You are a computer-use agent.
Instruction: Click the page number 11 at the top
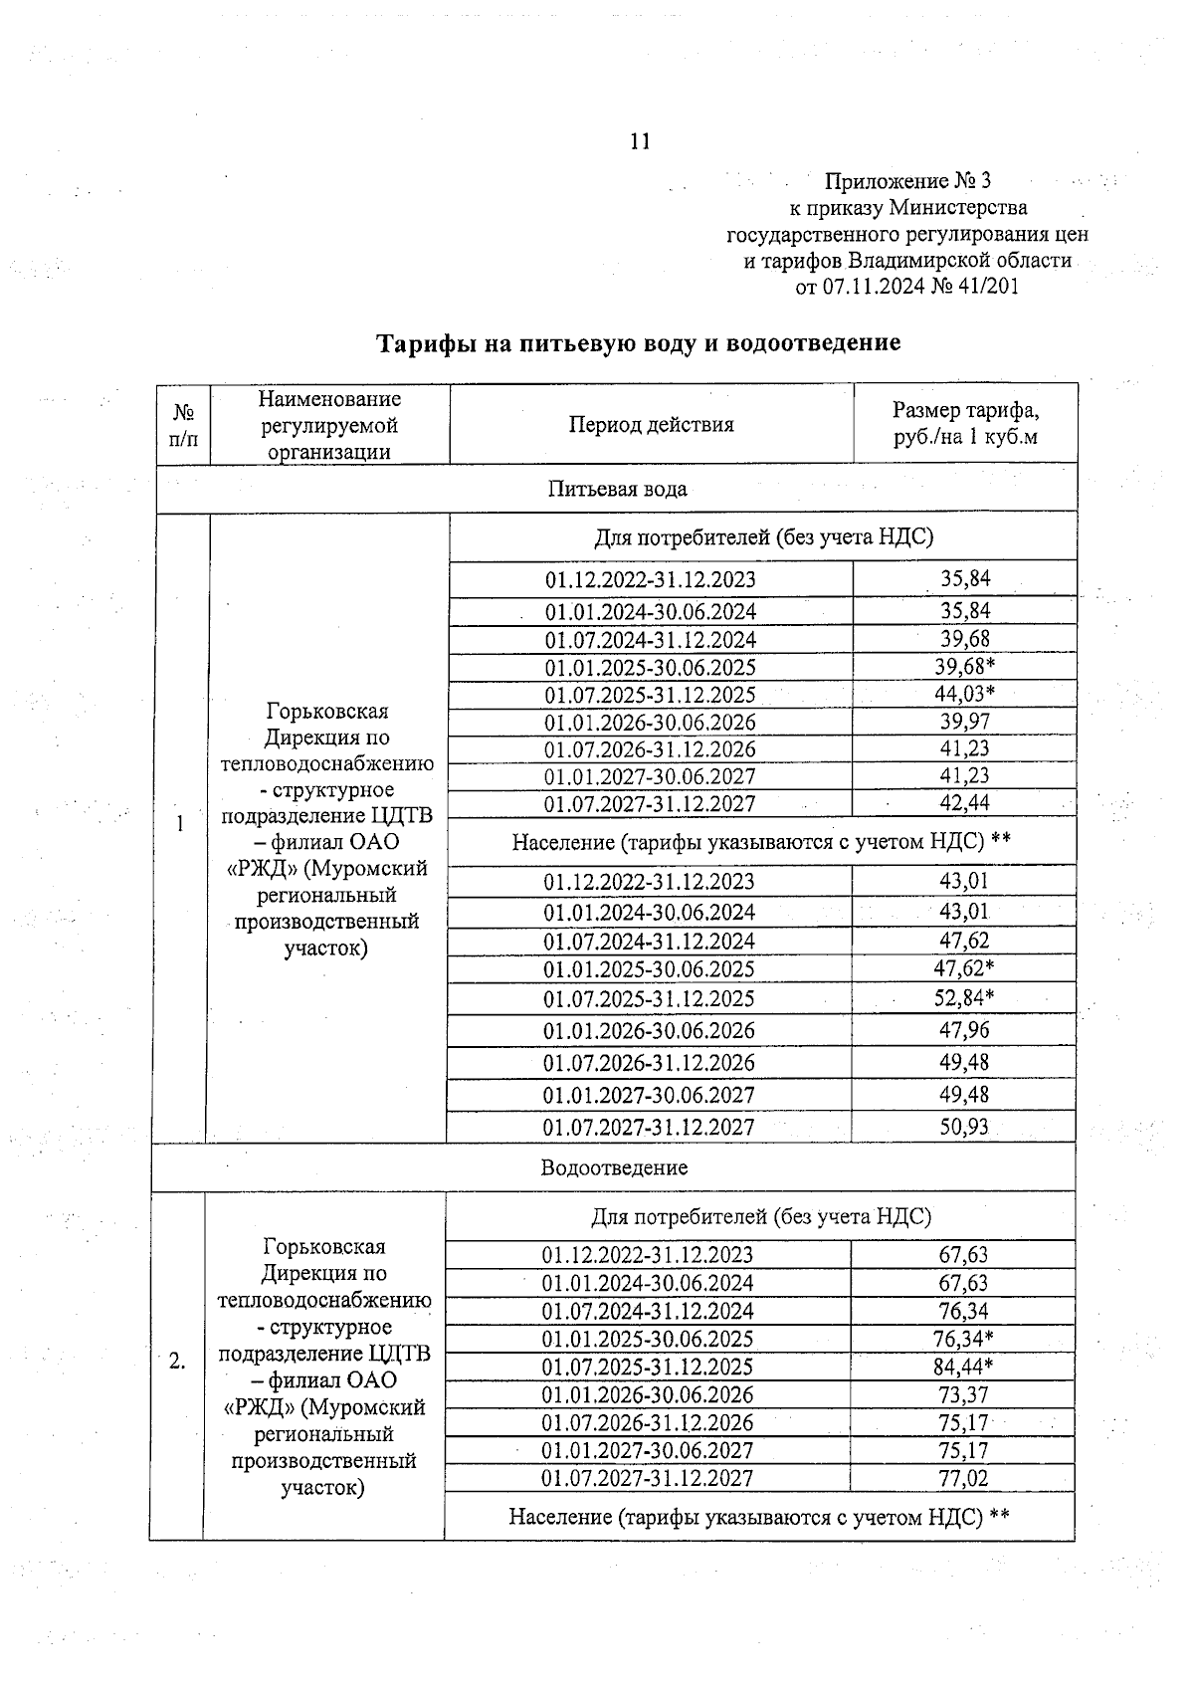pos(640,141)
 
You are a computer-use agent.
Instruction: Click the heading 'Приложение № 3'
pos(906,181)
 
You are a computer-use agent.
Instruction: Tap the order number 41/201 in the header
pos(985,287)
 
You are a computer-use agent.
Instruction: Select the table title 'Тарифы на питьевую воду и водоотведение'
pos(638,343)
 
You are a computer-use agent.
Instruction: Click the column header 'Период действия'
pos(651,425)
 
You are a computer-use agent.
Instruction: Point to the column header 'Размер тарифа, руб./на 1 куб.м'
pos(965,424)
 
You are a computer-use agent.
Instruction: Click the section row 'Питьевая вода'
pos(617,489)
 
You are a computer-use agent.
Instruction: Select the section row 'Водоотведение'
pos(614,1167)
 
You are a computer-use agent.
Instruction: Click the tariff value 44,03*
pos(964,694)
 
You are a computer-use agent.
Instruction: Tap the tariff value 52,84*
pos(964,998)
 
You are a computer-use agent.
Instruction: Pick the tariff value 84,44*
pos(964,1367)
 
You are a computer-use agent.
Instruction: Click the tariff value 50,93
pos(964,1127)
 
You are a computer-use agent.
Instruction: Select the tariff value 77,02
pos(963,1478)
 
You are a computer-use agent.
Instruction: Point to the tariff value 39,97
pos(964,722)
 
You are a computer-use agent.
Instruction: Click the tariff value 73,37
pos(963,1394)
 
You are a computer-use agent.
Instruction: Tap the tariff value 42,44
pos(964,803)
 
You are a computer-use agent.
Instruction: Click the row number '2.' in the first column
pos(177,1363)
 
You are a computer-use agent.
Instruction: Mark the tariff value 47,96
pos(964,1030)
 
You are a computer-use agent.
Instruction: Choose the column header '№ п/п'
pos(183,425)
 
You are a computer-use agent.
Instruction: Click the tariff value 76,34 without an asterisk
pos(963,1311)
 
